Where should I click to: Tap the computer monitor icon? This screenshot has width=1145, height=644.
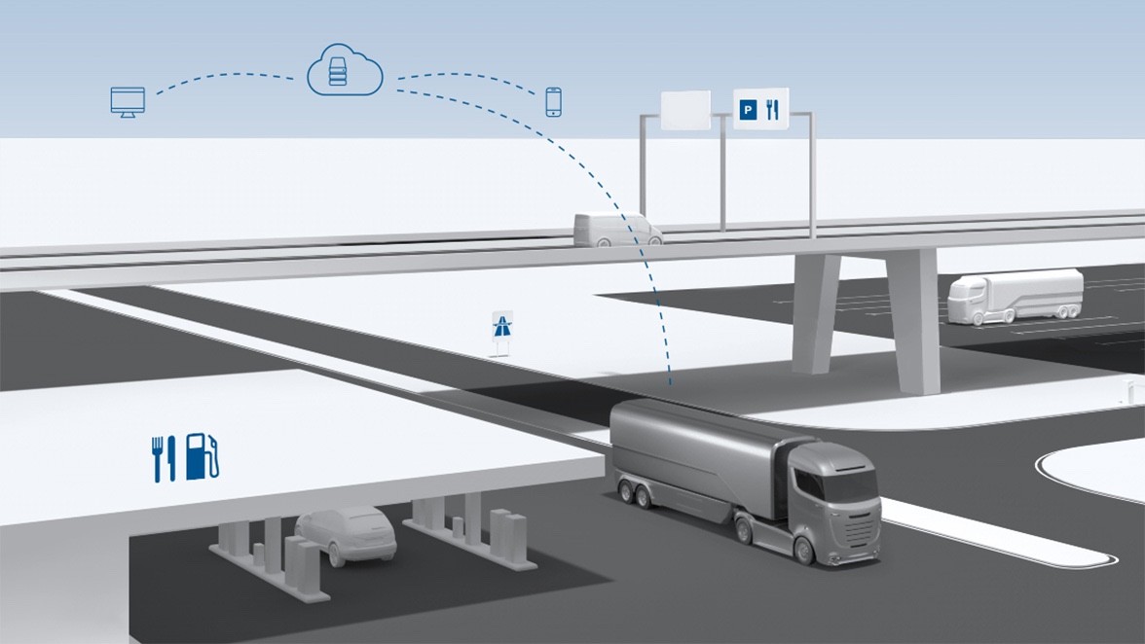coord(128,101)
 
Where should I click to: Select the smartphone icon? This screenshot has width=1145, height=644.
coord(554,101)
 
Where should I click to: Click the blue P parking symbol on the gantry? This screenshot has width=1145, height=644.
coord(747,111)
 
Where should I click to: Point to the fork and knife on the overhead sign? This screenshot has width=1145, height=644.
coord(773,110)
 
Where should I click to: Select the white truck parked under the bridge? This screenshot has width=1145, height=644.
coord(1016,295)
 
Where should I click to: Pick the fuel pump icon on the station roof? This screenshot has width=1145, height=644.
coord(202,456)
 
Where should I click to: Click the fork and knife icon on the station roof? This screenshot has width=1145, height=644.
coord(163,457)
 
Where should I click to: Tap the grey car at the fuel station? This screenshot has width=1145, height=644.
coord(346,533)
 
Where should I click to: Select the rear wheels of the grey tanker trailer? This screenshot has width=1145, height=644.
coord(638,494)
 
